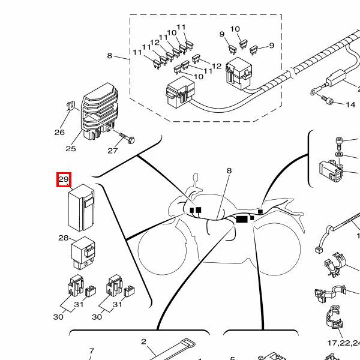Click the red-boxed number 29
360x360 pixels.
tap(64, 179)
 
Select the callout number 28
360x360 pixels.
tap(64, 238)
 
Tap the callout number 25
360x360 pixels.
tap(71, 149)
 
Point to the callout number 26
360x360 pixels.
tap(59, 132)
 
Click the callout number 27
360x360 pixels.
tap(113, 151)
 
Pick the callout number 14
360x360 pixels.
tap(350, 104)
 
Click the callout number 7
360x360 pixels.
tap(92, 351)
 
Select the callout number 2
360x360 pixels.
tap(143, 342)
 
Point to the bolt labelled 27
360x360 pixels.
tap(125, 137)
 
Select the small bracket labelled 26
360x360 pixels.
tap(68, 108)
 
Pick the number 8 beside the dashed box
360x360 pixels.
tap(110, 56)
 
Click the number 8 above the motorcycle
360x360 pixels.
tap(229, 170)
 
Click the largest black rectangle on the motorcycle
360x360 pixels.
tap(242, 219)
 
